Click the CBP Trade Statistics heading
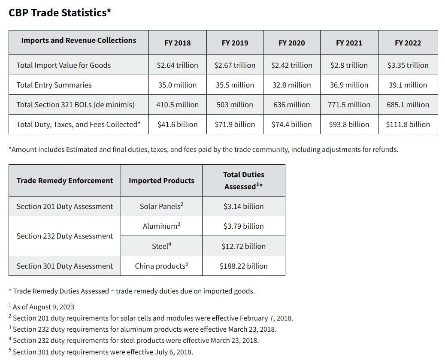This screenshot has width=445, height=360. point(60,12)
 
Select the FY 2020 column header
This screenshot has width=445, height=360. point(292,43)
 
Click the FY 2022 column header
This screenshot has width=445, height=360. point(408,43)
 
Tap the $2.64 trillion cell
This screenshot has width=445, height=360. point(177,65)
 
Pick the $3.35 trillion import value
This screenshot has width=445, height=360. point(408,65)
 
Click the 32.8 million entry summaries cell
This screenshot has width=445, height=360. point(292,85)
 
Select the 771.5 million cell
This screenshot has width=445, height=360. point(349,105)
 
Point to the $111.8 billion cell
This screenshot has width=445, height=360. point(408,124)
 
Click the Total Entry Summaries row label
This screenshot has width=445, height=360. point(54,85)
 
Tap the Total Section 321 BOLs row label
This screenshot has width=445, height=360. point(76,105)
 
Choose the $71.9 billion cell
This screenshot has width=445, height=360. point(235,124)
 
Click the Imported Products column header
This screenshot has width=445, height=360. point(161,181)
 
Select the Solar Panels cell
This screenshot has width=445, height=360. point(161,206)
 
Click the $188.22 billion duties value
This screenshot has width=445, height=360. point(243,266)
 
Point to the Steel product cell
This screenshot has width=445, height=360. point(161,246)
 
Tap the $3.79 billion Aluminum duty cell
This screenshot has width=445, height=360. point(243,226)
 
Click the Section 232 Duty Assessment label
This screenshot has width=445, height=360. point(65,236)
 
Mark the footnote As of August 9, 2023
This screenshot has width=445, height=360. point(43,307)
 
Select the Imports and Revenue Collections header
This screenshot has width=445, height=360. point(79,40)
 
